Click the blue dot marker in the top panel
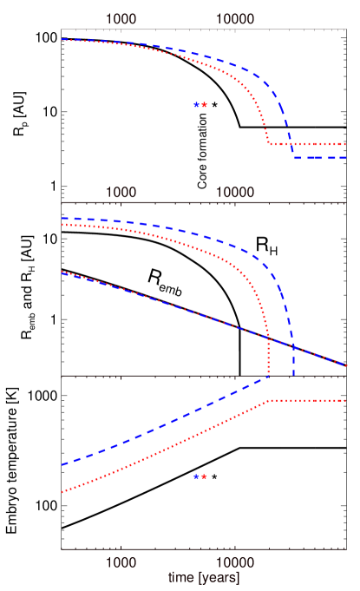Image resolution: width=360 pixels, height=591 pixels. pos(197,104)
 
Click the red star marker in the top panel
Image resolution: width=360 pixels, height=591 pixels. pos(204,104)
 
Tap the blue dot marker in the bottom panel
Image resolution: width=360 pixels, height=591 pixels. pos(197,476)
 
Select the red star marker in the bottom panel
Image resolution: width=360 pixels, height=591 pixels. pos(204,476)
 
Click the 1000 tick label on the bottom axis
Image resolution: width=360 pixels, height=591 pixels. pos(121,562)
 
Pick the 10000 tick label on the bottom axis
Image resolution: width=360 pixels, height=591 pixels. pos(235,562)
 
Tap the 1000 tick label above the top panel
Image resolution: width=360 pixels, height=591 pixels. pos(121,18)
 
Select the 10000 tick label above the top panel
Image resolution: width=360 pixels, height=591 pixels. pos(235,18)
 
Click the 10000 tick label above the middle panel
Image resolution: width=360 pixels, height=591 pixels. pos(235,192)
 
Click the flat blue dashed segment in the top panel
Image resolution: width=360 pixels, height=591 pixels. pos(321,158)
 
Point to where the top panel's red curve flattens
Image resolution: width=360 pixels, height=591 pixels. pos(270,143)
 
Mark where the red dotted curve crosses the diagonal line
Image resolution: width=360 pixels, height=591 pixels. pos(268,338)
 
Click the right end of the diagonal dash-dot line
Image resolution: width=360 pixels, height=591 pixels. pos(346,365)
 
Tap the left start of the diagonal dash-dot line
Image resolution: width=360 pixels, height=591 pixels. pos(62,272)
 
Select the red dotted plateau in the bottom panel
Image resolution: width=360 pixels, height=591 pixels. pos(308,401)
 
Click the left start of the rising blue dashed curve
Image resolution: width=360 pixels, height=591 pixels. pos(62,465)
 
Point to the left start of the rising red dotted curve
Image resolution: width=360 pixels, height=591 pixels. pos(62,492)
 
